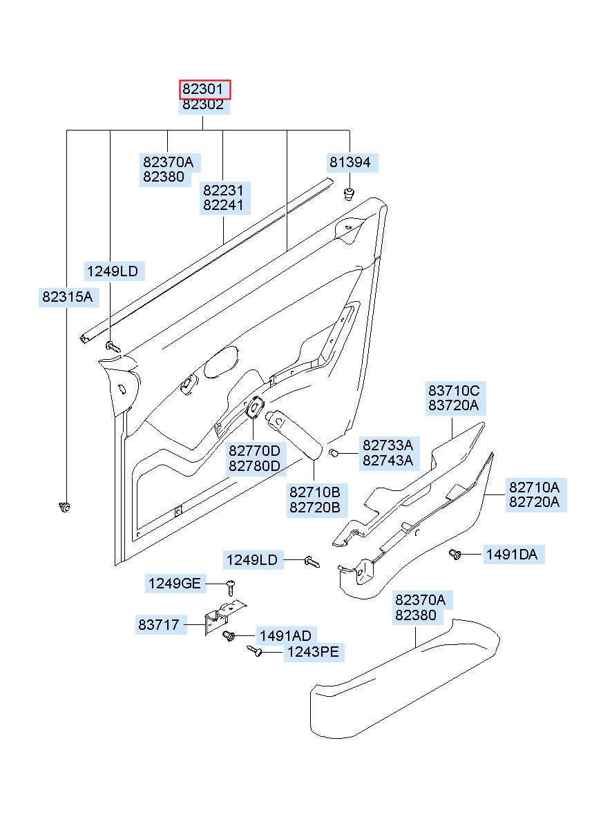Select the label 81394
click(x=350, y=162)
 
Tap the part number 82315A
click(x=67, y=297)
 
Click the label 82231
click(x=223, y=191)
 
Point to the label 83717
click(x=159, y=624)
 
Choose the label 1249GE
click(x=175, y=584)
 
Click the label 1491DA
click(x=511, y=554)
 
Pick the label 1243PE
click(x=313, y=652)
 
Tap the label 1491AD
click(x=285, y=635)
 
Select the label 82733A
click(x=388, y=445)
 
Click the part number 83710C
click(x=454, y=390)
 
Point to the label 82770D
click(x=254, y=451)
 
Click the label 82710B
click(x=315, y=492)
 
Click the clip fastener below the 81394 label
click(x=348, y=194)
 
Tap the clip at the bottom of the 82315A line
click(x=65, y=507)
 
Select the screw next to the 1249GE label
click(x=231, y=588)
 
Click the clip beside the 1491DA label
click(x=455, y=554)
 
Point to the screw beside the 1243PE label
click(x=255, y=651)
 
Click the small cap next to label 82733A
click(x=333, y=453)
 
